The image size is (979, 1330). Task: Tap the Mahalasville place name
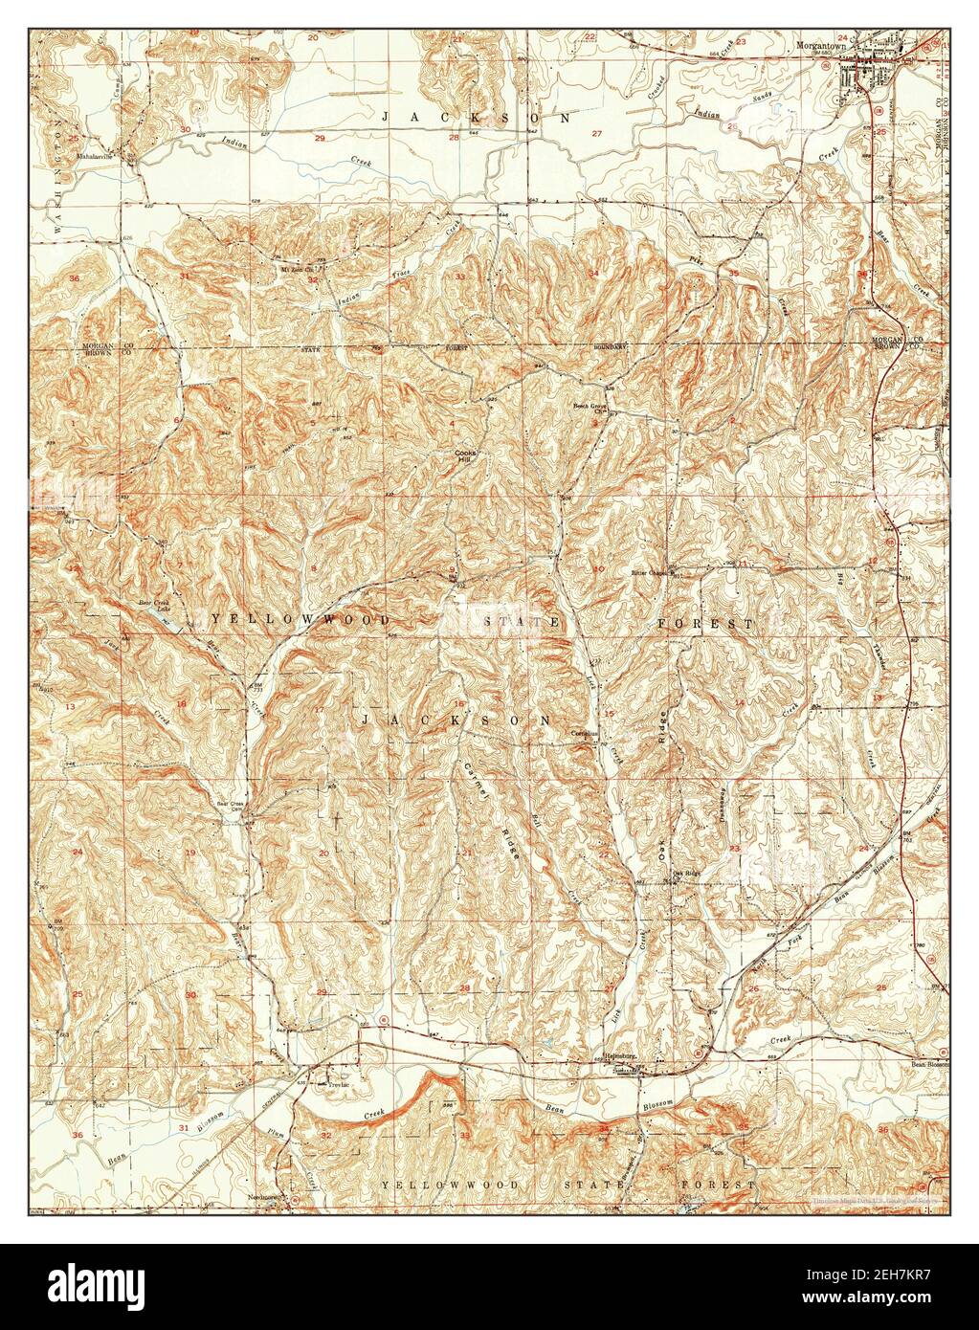pos(102,153)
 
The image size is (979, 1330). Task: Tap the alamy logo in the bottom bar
pos(116,1286)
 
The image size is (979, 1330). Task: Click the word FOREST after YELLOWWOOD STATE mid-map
pos(704,623)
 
